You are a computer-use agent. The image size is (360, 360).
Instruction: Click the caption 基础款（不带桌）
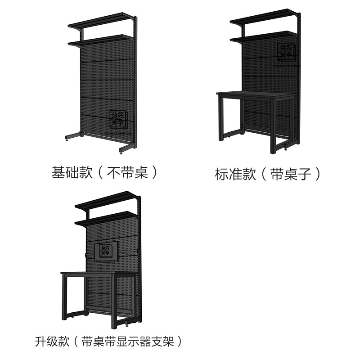(105, 172)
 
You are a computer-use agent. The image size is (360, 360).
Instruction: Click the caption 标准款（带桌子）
(269, 174)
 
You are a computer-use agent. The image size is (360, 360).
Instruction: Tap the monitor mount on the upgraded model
(106, 252)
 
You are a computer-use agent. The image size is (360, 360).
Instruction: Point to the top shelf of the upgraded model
(108, 201)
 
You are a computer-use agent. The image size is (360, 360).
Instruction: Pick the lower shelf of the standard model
(263, 37)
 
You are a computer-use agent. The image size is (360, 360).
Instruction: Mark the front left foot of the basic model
(72, 136)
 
